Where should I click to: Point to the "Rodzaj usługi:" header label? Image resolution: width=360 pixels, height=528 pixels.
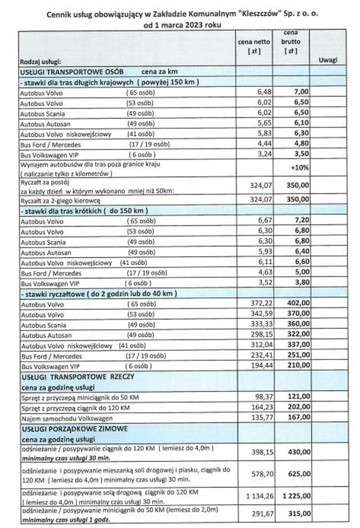tap(40, 62)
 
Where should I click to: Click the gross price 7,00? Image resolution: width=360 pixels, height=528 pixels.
tap(299, 92)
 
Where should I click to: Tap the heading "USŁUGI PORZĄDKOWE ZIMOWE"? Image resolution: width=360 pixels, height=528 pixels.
tap(74, 428)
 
